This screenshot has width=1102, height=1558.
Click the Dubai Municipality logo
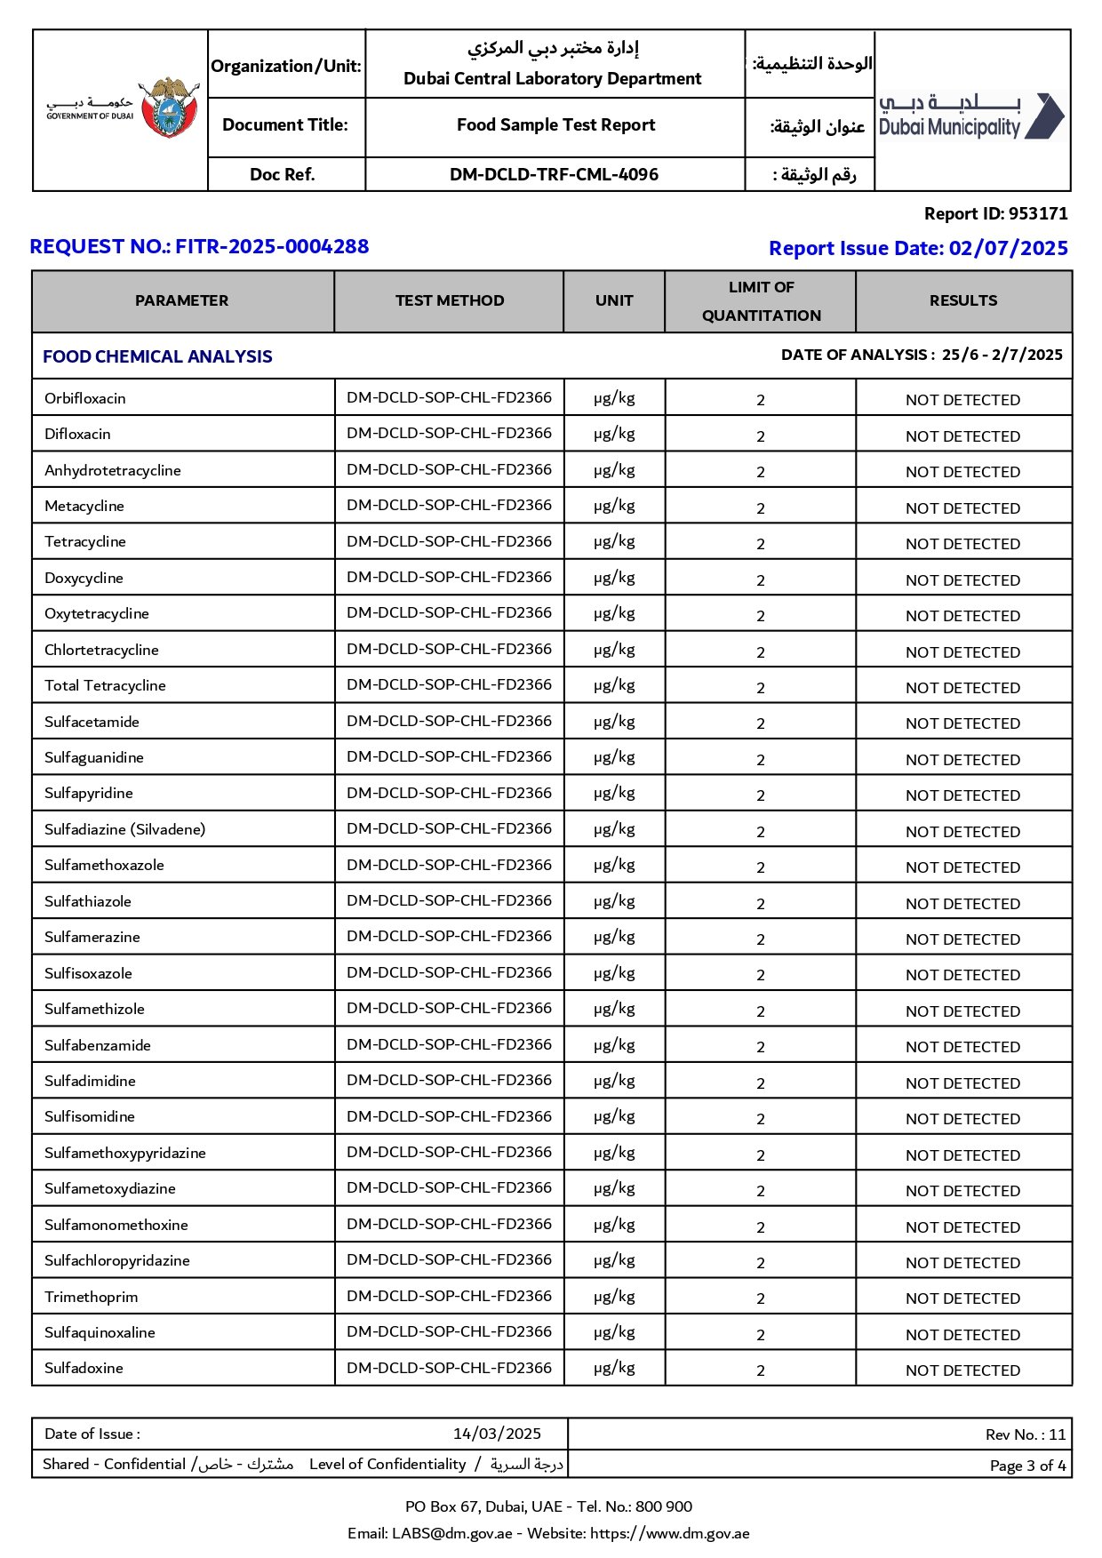tap(971, 117)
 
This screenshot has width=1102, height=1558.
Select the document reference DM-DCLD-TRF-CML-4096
tap(554, 174)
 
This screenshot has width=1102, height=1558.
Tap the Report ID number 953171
tap(1038, 213)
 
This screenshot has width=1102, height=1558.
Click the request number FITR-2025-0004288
tap(272, 246)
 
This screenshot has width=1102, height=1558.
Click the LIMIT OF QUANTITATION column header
tap(761, 301)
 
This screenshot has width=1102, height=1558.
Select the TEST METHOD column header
tap(449, 301)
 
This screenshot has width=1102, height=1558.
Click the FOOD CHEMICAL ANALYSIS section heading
tap(157, 356)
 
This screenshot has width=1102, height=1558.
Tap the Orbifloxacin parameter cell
tap(85, 398)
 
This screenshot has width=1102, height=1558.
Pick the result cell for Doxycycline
tap(962, 580)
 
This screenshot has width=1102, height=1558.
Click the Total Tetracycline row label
tap(105, 685)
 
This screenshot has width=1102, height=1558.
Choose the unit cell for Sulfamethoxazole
tap(614, 865)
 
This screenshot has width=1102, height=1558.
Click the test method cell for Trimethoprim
tap(449, 1296)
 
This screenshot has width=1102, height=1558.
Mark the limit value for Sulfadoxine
tap(761, 1370)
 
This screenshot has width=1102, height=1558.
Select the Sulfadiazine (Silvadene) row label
tap(124, 829)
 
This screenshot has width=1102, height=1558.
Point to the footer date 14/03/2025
tap(497, 1434)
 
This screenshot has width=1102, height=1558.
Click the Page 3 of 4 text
tap(1027, 1466)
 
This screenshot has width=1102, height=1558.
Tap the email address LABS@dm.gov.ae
tap(451, 1533)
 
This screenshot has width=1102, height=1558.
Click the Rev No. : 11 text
tap(1025, 1434)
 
